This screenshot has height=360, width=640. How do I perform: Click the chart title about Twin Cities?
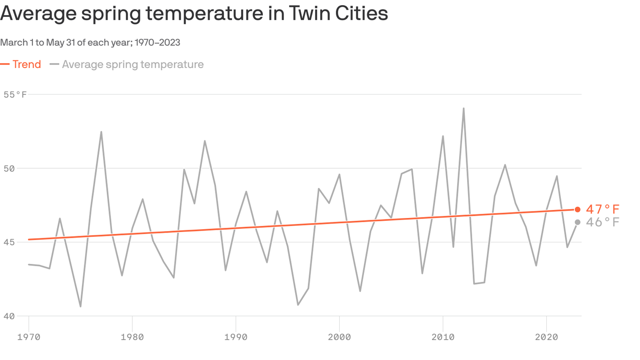click(x=194, y=13)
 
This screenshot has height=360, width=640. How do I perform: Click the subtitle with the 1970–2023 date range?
click(x=90, y=43)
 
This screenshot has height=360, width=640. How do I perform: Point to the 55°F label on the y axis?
click(x=15, y=95)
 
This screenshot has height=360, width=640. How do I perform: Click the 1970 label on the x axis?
click(x=29, y=337)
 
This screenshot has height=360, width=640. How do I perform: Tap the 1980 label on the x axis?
click(x=132, y=337)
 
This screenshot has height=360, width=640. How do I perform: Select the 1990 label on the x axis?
click(x=236, y=337)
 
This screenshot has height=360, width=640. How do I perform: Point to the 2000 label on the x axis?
click(x=339, y=337)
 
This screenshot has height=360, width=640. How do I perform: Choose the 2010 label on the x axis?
click(x=443, y=337)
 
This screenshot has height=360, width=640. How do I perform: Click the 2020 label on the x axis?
click(x=546, y=337)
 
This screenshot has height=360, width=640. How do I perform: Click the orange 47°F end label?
click(x=603, y=210)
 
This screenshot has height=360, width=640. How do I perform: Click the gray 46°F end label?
click(x=603, y=222)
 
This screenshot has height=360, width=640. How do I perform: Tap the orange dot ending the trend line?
click(x=578, y=210)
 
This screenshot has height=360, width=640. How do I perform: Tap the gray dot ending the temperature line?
click(x=578, y=222)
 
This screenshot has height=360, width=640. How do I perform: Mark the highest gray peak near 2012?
click(x=463, y=109)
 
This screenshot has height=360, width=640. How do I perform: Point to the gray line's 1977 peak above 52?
click(x=101, y=132)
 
